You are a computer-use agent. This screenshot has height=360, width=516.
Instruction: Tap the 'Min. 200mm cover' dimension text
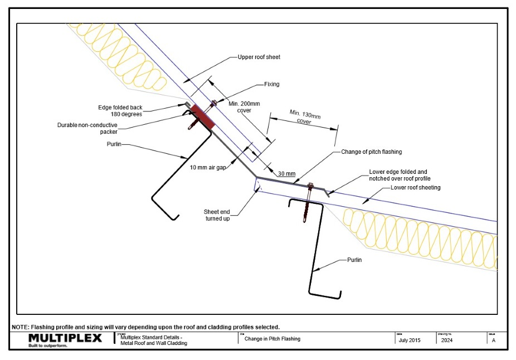point(241,106)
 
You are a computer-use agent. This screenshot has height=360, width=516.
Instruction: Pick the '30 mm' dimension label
point(287,174)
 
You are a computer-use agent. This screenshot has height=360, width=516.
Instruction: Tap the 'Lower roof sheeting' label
point(415,188)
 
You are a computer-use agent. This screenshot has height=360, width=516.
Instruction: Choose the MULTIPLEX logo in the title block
point(65,339)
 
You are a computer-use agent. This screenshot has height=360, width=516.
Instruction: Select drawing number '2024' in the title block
point(447,339)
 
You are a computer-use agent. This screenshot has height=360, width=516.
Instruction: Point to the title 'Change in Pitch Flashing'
point(272,339)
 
